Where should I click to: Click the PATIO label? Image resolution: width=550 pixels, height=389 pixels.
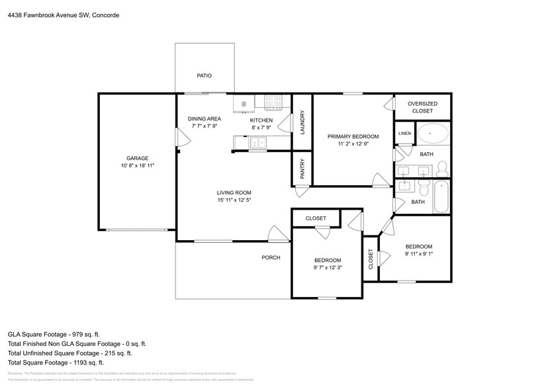205,76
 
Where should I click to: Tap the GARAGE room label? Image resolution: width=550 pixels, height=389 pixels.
138,158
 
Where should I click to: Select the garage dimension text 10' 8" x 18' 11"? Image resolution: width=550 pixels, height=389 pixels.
138,166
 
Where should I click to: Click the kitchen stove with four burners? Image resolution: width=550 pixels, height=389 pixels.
273,102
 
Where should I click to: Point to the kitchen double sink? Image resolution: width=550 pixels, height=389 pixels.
257,142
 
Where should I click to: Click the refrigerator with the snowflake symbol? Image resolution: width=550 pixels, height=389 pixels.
243,104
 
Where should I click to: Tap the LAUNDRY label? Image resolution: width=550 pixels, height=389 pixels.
302,122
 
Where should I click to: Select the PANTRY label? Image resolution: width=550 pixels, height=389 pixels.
302,168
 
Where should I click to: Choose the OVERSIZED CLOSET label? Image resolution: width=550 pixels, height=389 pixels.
422,107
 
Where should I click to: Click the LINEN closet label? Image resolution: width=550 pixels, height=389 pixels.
404,134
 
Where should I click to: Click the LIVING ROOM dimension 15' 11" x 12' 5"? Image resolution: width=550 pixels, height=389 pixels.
234,200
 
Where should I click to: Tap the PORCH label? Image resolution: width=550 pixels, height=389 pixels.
271,257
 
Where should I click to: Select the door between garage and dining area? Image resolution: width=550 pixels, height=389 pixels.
179,138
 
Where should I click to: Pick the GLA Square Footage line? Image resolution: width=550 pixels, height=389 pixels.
54,335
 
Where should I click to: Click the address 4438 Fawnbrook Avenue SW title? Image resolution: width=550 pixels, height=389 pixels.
64,15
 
